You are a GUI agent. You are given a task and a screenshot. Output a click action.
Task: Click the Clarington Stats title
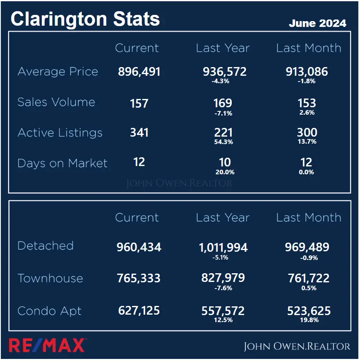(x=85, y=19)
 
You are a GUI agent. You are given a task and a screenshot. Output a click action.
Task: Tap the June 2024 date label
(x=317, y=23)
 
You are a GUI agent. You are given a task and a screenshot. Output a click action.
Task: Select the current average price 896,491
(x=139, y=72)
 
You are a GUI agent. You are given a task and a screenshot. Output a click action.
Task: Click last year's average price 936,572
(x=225, y=72)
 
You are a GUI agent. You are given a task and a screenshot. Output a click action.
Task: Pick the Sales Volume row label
(x=56, y=102)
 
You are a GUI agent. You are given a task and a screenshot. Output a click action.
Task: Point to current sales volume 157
(x=139, y=103)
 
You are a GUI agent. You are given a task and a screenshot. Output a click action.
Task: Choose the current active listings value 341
(x=139, y=133)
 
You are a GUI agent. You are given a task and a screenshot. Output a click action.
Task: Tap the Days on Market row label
(x=62, y=163)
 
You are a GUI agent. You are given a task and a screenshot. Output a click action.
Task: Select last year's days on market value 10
(x=225, y=162)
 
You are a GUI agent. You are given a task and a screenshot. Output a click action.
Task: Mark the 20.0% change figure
(x=225, y=172)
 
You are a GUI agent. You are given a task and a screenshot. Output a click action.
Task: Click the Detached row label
(x=46, y=245)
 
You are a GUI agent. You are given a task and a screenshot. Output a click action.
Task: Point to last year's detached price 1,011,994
(x=223, y=248)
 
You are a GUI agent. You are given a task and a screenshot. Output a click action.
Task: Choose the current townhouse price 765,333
(x=139, y=278)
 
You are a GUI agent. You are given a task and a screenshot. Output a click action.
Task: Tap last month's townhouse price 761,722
(x=309, y=278)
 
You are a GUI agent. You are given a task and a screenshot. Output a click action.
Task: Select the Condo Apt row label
(x=50, y=311)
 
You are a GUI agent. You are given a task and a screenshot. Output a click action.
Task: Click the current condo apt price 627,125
(x=139, y=310)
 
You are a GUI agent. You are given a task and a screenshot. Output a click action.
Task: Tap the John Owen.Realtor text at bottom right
(x=297, y=347)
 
